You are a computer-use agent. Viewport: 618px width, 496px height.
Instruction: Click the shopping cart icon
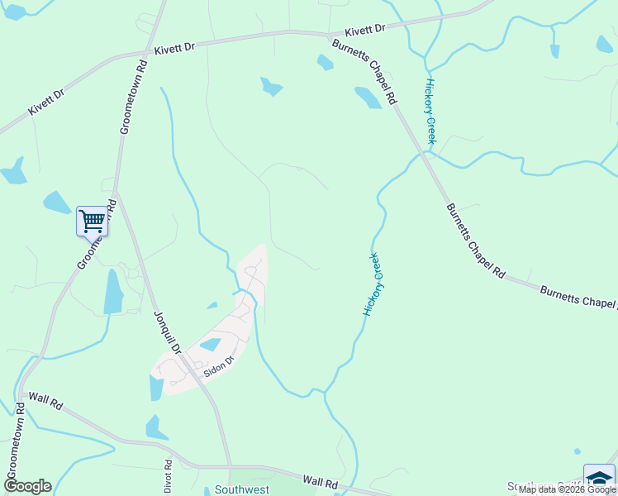[x=92, y=222]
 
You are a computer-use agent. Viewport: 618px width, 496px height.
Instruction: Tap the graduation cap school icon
[x=599, y=479]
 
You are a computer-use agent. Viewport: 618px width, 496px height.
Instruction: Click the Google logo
[x=27, y=486]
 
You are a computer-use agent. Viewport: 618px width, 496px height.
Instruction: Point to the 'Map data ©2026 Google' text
[x=567, y=490]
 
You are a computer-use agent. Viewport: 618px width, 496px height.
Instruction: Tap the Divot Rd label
[x=168, y=476]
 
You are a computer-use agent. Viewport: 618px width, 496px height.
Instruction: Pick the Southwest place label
[x=242, y=489]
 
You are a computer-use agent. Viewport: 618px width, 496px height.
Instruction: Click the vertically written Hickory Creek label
[x=430, y=112]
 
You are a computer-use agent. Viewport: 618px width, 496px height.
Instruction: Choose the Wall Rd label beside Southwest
[x=321, y=480]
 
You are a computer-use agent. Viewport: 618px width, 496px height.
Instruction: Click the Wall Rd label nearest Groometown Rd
[x=45, y=402]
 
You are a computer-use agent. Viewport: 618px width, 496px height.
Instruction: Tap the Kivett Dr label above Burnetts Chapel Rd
[x=365, y=29]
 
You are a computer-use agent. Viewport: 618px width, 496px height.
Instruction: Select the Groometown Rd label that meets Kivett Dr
[x=133, y=96]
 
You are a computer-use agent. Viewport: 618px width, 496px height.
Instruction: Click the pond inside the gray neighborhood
[x=210, y=345]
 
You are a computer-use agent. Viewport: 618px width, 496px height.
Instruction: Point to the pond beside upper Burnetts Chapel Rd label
[x=368, y=98]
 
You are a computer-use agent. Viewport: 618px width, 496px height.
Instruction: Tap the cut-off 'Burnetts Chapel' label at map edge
[x=578, y=297]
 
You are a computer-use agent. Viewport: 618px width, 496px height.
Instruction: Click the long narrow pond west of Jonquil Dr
[x=113, y=292]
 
